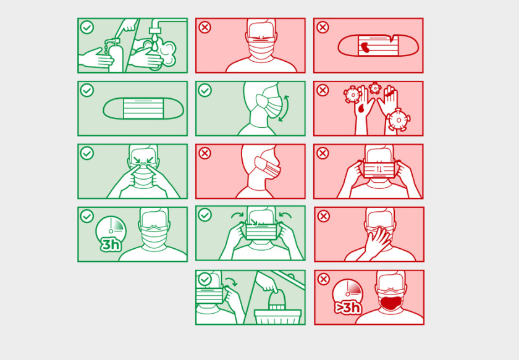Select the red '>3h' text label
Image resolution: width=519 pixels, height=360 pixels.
tap(347, 308)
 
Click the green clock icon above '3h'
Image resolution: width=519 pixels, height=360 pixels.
tap(111, 229)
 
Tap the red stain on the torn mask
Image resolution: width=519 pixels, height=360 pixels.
tap(366, 48)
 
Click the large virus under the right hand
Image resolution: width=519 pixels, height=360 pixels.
tap(399, 120)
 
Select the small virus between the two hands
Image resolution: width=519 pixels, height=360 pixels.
tap(375, 88)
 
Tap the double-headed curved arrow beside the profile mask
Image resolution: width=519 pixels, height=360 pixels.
tap(284, 108)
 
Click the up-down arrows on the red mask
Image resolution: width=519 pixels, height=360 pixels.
tap(379, 169)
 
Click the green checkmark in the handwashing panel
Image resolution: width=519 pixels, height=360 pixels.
tap(87, 27)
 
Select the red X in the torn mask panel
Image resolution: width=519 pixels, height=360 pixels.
tap(323, 27)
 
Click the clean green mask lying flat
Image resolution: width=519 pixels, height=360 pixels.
tap(143, 108)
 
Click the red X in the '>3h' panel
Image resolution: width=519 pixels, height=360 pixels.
tap(323, 279)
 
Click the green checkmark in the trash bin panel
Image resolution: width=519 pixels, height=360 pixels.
tap(205, 279)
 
